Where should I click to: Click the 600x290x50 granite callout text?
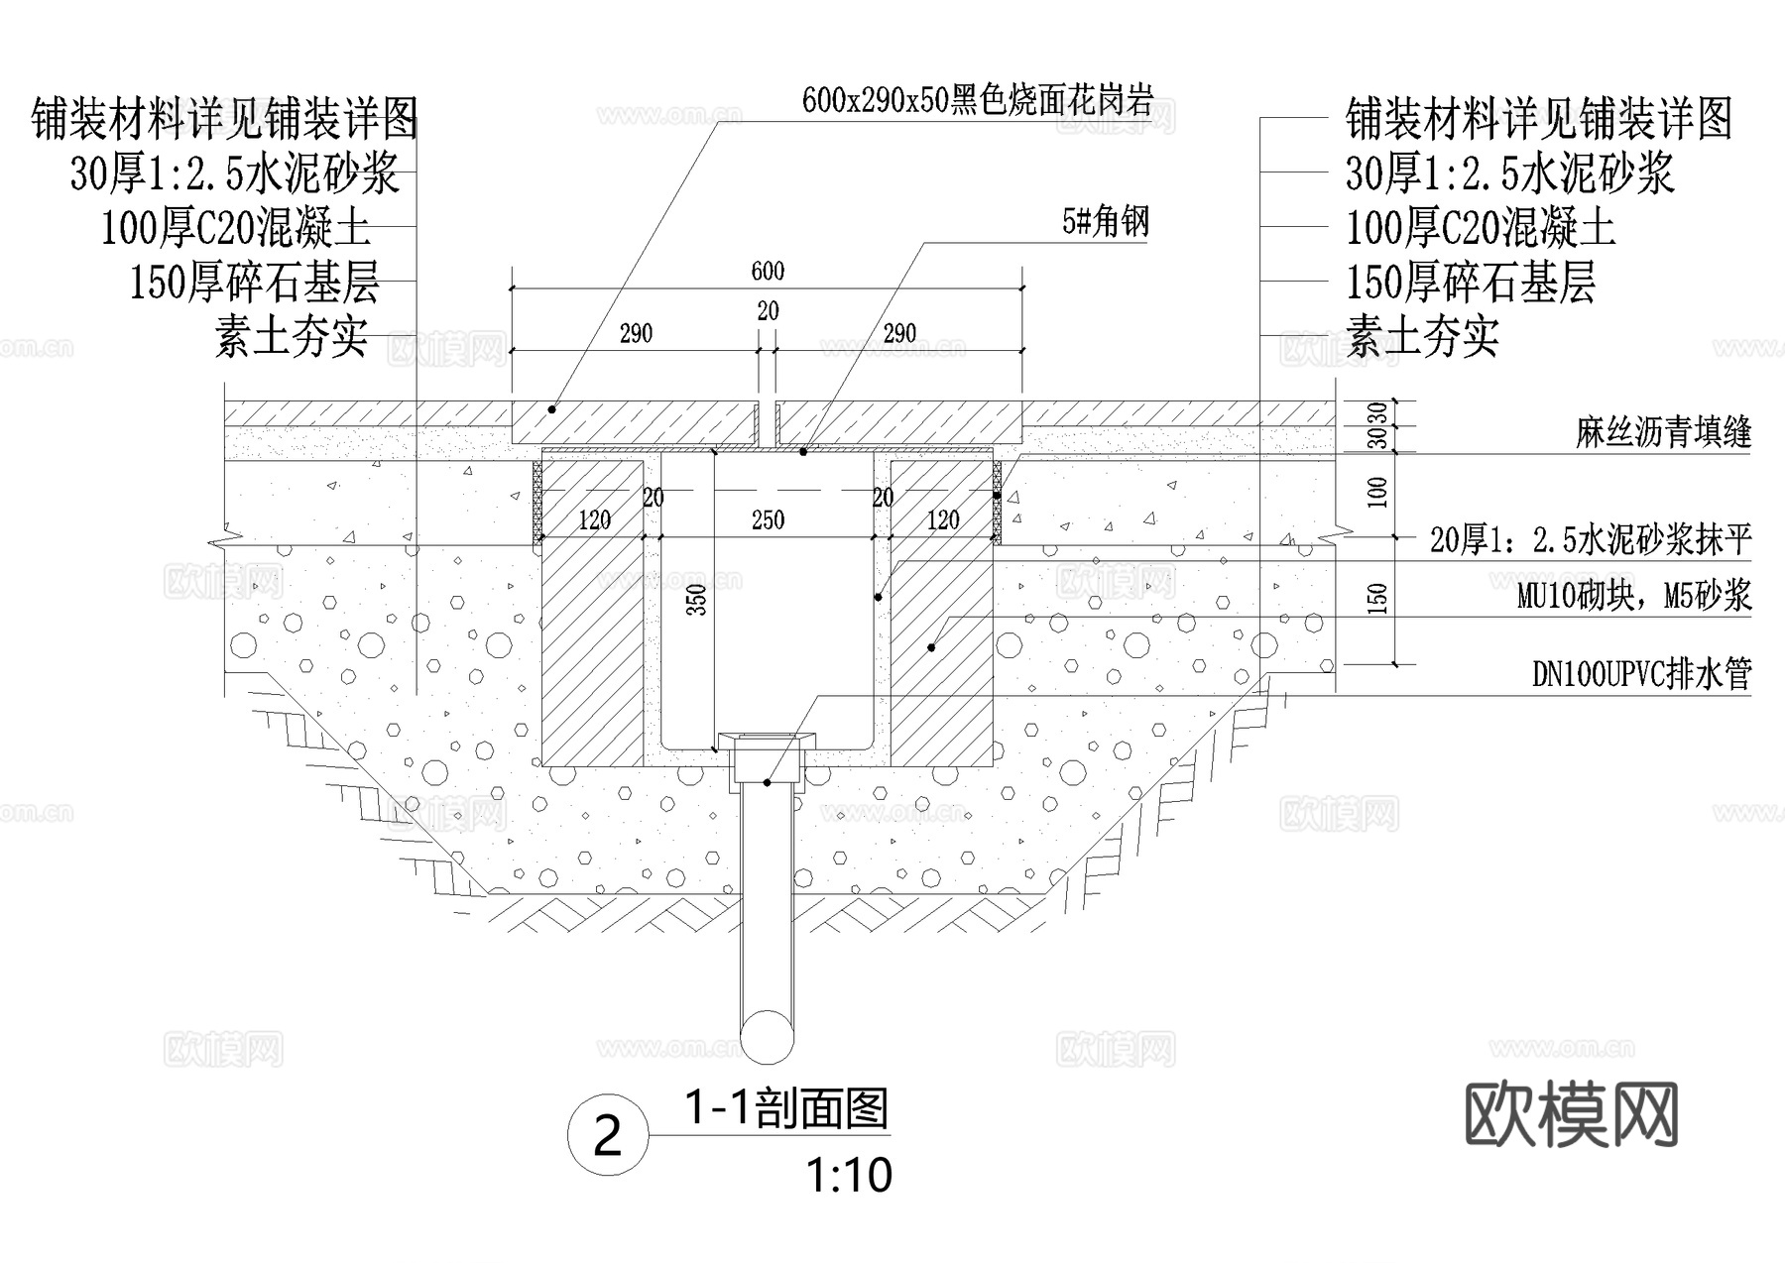coord(977,100)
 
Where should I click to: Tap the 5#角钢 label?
coord(1106,222)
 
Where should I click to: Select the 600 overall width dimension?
coord(768,271)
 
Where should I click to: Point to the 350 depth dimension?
coord(697,600)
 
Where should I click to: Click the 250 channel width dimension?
coord(768,519)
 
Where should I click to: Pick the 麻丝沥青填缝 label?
coord(1663,432)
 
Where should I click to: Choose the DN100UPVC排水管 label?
coord(1642,674)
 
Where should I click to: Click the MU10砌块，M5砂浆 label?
coord(1634,596)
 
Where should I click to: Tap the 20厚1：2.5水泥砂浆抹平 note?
coord(1591,540)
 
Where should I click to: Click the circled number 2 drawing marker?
coord(607,1136)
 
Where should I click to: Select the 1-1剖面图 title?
coord(787,1108)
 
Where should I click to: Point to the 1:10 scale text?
coord(849,1176)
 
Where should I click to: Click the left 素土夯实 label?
coord(292,337)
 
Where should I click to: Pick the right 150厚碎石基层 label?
coord(1470,283)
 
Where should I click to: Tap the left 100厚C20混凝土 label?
coord(236,228)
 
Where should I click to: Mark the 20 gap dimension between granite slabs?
coord(768,311)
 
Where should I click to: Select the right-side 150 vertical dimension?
coord(1377,599)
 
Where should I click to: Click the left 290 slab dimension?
coord(636,333)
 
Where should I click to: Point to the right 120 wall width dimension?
coord(942,519)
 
